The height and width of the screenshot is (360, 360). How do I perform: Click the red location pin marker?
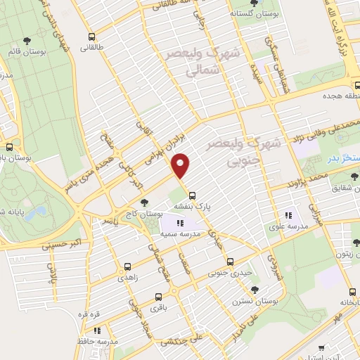point(181,165)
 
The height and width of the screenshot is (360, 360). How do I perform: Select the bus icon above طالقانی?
point(91,37)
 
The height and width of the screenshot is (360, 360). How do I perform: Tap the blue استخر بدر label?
point(344,157)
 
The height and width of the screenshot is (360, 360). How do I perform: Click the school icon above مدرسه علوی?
point(288,216)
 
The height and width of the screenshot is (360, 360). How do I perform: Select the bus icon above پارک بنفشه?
point(193,196)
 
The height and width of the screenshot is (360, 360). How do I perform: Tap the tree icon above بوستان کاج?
point(144,202)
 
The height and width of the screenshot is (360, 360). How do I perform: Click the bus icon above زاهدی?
point(127,266)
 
